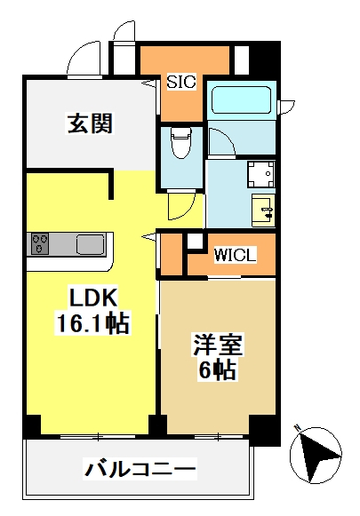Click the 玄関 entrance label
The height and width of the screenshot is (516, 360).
(90, 123)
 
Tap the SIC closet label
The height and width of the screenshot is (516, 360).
(181, 82)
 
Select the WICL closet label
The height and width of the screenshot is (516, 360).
(235, 255)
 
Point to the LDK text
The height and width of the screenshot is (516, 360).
(92, 298)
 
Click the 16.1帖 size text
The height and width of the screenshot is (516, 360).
(92, 322)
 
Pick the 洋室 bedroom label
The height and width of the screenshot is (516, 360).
(218, 345)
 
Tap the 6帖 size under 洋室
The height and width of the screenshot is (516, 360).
(217, 369)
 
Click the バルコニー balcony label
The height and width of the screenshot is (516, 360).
(140, 468)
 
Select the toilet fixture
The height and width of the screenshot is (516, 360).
(180, 143)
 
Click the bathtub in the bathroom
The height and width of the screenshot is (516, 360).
(242, 100)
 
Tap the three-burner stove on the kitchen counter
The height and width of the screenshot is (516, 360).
(40, 243)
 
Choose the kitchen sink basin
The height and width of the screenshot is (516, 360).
(91, 244)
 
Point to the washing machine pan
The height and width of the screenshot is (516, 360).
(260, 174)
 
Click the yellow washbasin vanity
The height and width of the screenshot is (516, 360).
(263, 210)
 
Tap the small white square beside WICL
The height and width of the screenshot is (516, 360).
(196, 241)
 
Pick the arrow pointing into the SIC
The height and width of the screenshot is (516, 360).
(149, 83)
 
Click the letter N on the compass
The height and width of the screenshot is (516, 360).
(298, 428)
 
